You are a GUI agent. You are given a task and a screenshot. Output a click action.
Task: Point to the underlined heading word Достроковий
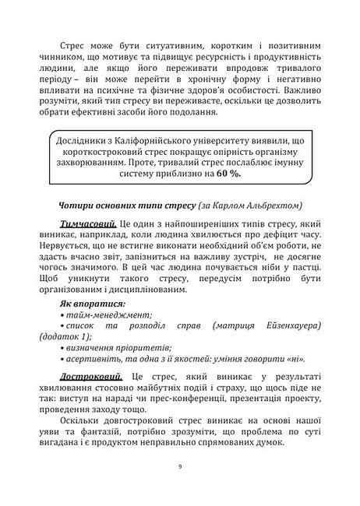point(94,377)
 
